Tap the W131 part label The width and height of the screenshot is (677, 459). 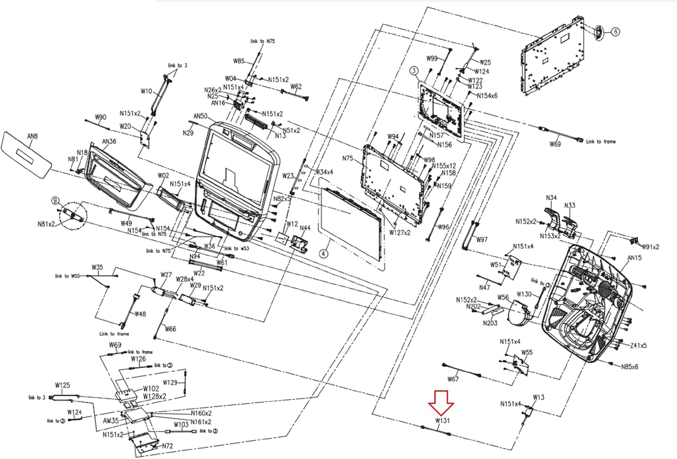443,421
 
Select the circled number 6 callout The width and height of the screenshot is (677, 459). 616,32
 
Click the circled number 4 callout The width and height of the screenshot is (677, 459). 324,254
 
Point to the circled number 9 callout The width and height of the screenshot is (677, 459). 56,200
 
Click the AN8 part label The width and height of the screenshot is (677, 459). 32,136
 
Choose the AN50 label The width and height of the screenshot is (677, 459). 200,116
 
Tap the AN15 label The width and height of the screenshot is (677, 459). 635,258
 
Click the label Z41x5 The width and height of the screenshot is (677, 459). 638,345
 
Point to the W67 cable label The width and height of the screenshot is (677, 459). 453,379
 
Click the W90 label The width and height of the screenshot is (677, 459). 100,117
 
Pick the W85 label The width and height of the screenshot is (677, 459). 239,61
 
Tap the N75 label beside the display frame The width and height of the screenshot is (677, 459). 348,158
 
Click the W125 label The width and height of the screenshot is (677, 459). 62,385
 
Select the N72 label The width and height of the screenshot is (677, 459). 167,446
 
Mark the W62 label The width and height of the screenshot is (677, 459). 296,87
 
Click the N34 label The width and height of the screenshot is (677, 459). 551,198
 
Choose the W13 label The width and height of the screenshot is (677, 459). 538,397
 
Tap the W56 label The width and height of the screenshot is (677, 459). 503,297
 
